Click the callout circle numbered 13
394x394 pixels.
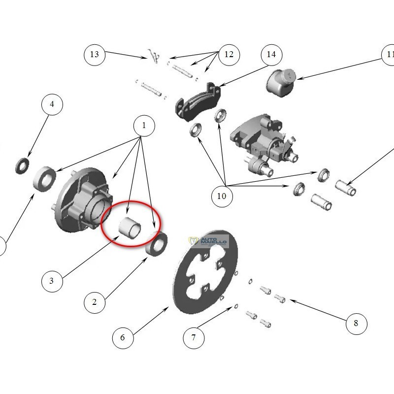click(95, 55)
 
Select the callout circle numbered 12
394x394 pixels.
click(229, 54)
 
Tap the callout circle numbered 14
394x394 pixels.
click(271, 55)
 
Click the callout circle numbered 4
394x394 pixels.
click(52, 104)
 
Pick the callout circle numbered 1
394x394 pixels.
click(144, 126)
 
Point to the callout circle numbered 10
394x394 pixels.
click(222, 196)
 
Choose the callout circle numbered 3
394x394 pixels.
click(52, 281)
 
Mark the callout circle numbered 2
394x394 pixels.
click(95, 302)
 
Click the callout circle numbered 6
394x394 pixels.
click(123, 337)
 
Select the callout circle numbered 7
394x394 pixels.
click(194, 337)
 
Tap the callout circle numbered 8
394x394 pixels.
click(356, 323)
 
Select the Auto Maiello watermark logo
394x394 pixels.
click(209, 241)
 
